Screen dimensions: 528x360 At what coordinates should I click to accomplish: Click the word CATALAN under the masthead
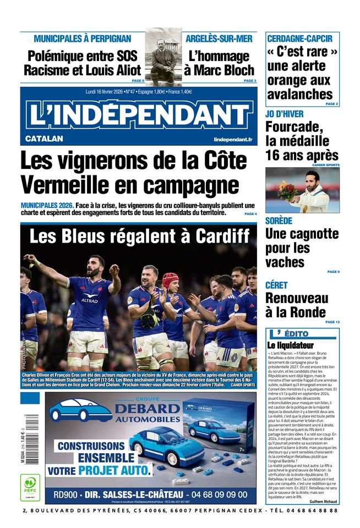click(x=44, y=139)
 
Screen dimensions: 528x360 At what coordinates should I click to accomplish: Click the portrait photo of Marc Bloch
click(x=163, y=58)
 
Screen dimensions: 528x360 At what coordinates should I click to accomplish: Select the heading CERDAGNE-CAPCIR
click(x=299, y=38)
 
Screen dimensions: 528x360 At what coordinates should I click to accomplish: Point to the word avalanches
click(x=300, y=94)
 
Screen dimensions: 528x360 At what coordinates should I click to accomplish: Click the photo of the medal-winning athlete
click(x=302, y=190)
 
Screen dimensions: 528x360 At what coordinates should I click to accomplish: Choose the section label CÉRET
click(x=276, y=285)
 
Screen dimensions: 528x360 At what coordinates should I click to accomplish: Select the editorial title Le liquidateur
click(x=290, y=345)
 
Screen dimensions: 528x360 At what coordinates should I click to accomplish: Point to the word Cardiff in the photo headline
click(x=220, y=237)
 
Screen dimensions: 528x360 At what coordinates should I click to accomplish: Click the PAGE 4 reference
click(x=250, y=213)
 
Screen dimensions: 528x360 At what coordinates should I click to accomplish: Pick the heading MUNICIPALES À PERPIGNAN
click(x=83, y=38)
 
